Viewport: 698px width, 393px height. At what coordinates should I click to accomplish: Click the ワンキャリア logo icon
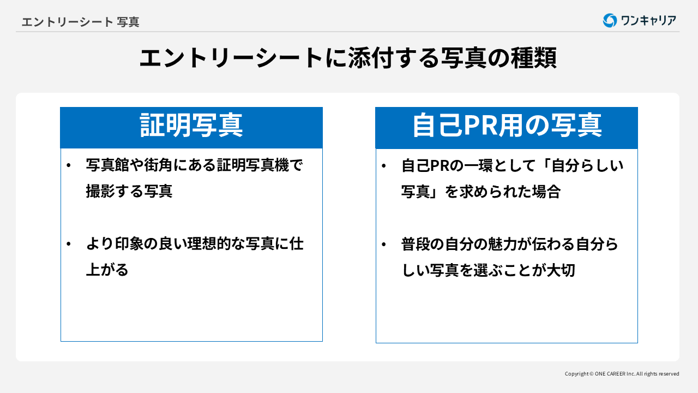(x=610, y=21)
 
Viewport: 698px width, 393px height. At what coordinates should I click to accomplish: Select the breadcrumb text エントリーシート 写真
(x=80, y=22)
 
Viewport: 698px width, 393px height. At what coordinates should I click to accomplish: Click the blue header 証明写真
(x=191, y=126)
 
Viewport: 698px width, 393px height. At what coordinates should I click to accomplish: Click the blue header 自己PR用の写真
(x=507, y=126)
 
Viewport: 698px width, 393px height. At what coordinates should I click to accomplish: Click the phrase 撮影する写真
(x=129, y=191)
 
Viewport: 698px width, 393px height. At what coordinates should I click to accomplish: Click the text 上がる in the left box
(x=107, y=270)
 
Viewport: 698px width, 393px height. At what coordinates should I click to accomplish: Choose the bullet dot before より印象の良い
(x=68, y=244)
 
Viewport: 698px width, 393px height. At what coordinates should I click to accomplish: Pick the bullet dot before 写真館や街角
(x=68, y=165)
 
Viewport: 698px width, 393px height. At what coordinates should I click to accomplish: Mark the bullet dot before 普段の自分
(x=384, y=244)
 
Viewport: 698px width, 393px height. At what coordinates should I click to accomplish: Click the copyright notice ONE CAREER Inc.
(x=622, y=374)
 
